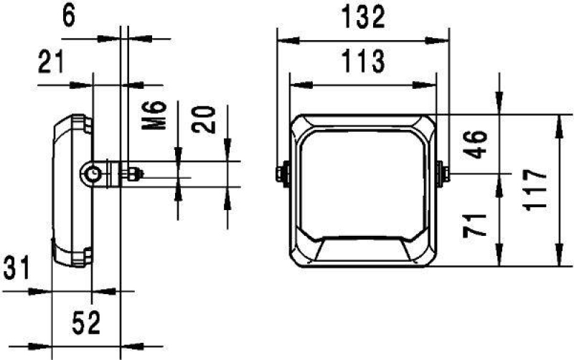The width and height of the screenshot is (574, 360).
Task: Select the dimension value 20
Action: pyautogui.click(x=205, y=118)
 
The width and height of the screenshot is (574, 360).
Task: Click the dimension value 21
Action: pyautogui.click(x=50, y=64)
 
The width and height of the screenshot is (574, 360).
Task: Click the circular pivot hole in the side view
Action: pyautogui.click(x=92, y=173)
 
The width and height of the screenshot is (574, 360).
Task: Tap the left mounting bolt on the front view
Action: pyautogui.click(x=281, y=173)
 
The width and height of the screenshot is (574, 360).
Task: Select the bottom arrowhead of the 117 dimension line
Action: pyautogui.click(x=560, y=263)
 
